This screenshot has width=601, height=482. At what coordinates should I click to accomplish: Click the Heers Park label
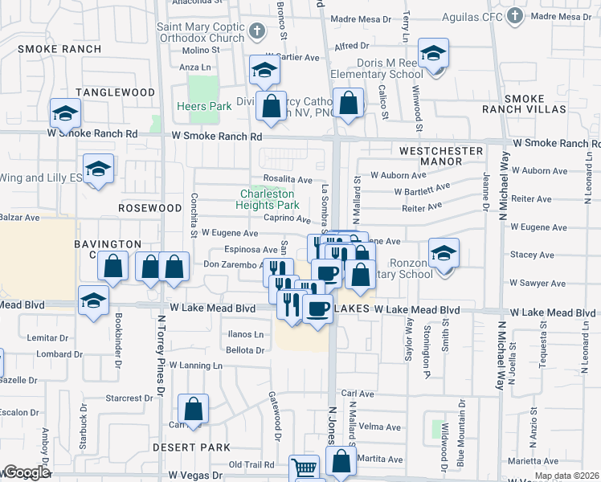204,106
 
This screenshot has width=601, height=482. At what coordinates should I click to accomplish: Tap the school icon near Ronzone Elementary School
444,254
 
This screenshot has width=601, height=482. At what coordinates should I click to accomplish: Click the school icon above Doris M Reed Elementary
434,54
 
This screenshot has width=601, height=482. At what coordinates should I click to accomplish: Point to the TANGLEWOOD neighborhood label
114,92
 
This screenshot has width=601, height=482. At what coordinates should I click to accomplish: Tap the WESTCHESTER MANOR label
441,156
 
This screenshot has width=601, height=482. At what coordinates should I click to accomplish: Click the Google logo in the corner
26,472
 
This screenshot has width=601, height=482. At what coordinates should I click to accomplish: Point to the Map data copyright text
566,476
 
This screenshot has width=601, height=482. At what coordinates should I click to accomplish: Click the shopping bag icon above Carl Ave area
194,409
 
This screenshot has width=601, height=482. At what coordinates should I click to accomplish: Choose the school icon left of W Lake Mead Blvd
93,301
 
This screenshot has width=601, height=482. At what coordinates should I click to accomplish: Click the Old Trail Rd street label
251,464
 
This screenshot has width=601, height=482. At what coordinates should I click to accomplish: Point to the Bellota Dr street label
245,350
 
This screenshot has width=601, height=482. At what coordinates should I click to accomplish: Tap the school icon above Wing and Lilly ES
98,169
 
